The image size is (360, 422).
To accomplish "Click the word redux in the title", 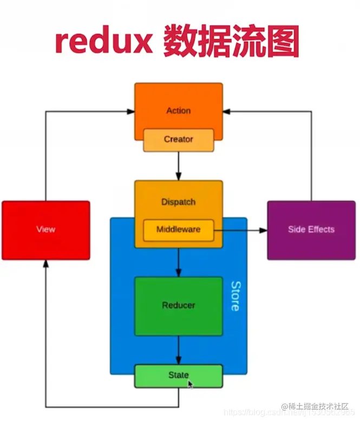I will point(102,42).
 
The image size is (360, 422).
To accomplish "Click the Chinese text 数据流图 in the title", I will point(231,42).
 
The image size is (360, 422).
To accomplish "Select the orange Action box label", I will point(178,110).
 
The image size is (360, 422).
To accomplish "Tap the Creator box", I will point(178,140).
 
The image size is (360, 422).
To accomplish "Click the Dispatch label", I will point(178,202).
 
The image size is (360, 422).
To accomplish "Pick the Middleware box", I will point(178,229).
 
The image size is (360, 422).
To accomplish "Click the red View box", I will point(45,229).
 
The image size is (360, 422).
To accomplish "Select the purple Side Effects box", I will point(311,229).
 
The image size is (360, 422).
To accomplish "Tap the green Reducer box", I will point(178,305).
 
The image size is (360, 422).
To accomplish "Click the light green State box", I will point(178,375).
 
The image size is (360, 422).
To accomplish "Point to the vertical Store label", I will point(234,296).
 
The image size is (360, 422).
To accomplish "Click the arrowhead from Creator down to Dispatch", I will point(178,176).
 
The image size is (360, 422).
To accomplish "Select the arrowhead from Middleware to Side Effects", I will point(263,230).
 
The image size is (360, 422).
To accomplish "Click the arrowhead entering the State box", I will point(178,360).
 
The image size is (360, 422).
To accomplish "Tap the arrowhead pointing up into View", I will point(45,264).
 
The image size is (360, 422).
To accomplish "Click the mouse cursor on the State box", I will point(191,384).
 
